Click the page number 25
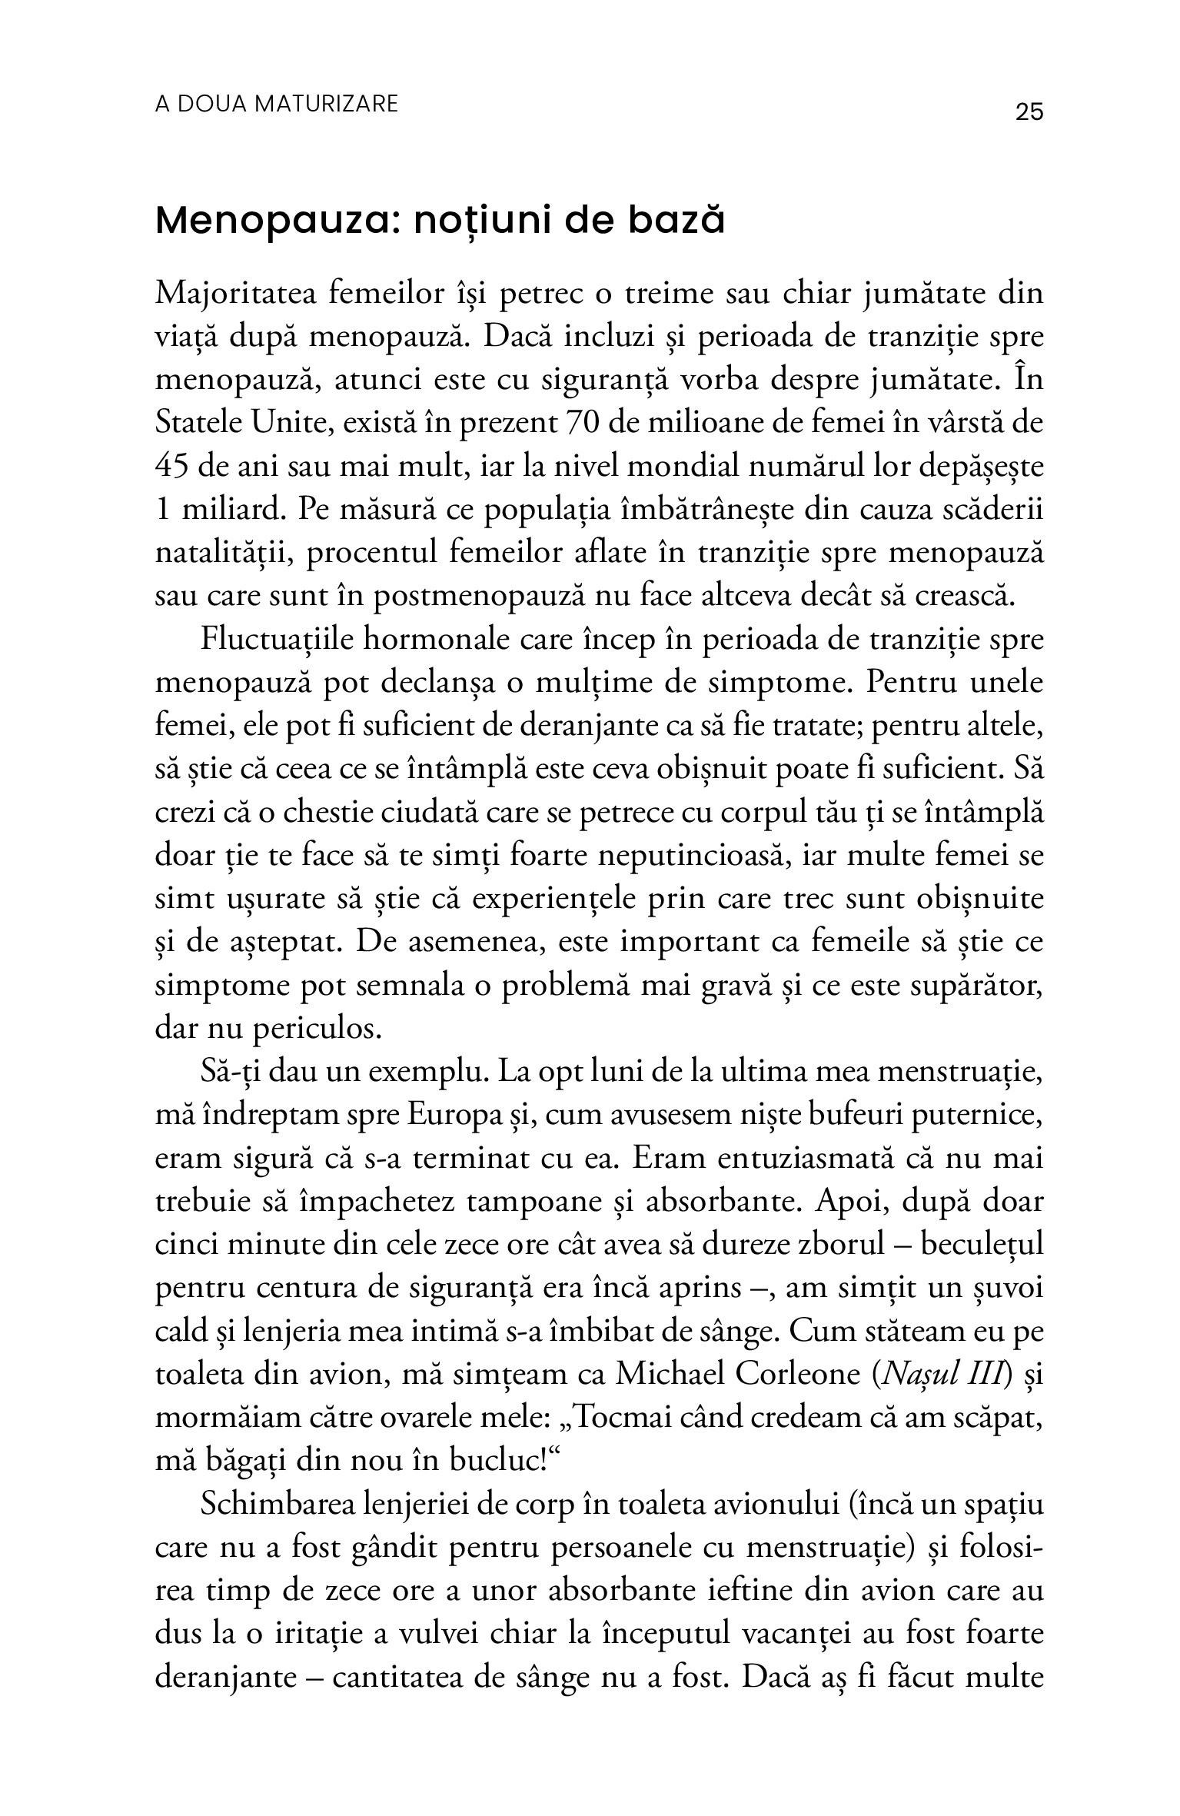[x=1029, y=112]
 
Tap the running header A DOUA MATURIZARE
[x=277, y=104]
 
